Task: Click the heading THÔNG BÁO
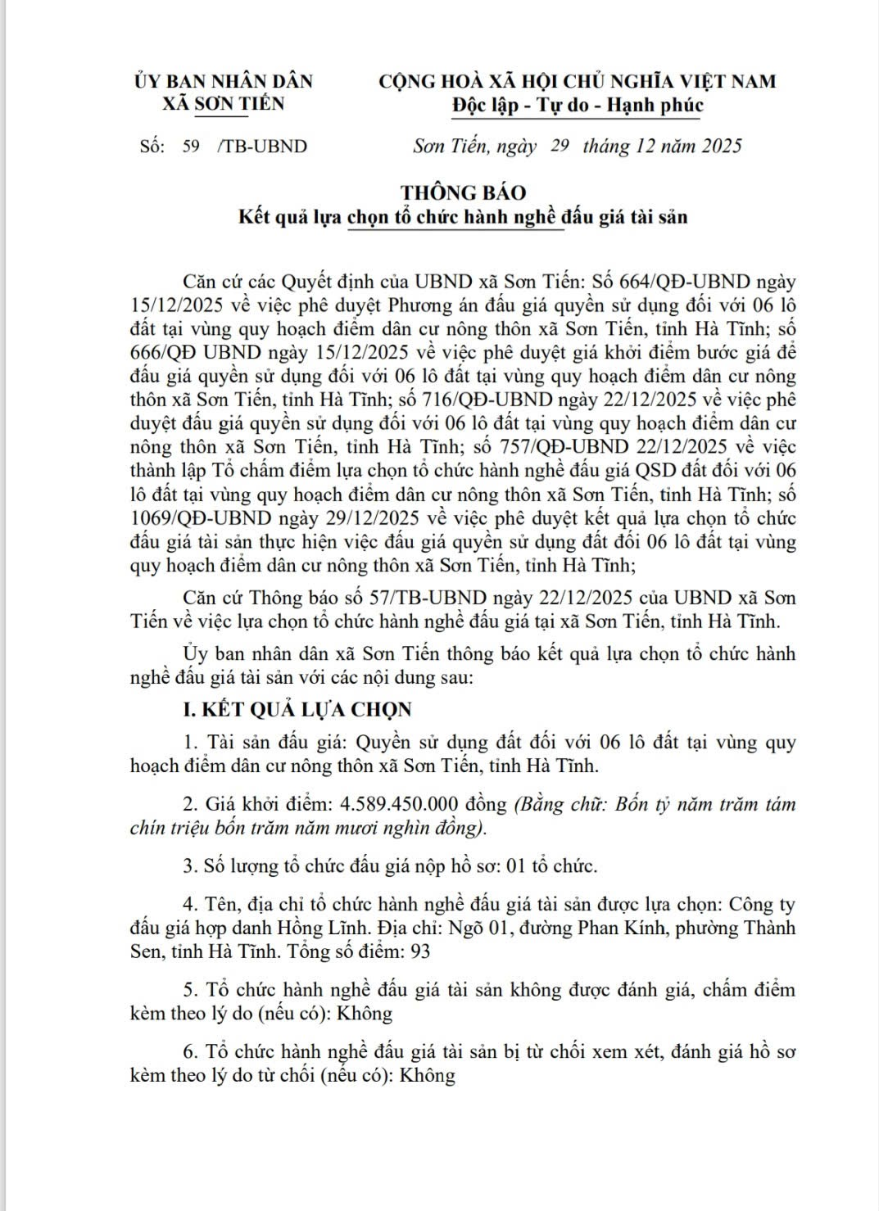click(463, 192)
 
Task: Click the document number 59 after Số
click(191, 147)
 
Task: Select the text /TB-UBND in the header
click(262, 147)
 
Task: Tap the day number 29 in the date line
click(560, 146)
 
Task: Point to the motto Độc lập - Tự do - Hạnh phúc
click(578, 105)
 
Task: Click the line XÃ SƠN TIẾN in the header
click(223, 104)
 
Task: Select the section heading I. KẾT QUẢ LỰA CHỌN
click(297, 710)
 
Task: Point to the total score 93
click(419, 951)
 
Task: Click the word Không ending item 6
click(427, 1076)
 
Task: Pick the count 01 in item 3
click(515, 866)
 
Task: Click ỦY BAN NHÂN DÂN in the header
click(223, 81)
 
